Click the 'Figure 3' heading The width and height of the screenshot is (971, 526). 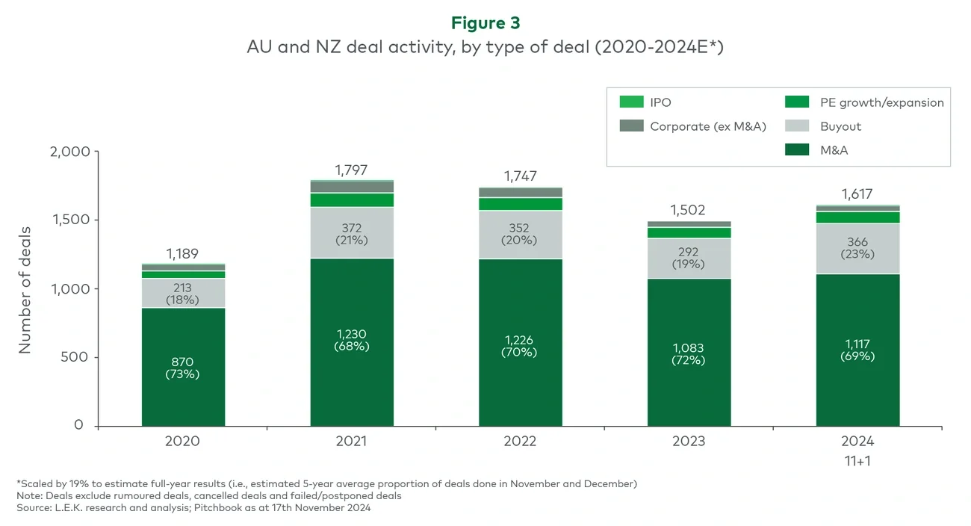[x=485, y=23]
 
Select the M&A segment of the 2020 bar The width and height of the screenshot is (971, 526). [x=183, y=396]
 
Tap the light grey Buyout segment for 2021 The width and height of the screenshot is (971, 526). [x=352, y=232]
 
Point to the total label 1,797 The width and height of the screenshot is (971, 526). [x=351, y=170]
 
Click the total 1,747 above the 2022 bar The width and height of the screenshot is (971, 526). [x=520, y=177]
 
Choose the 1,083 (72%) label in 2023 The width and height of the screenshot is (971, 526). [x=689, y=354]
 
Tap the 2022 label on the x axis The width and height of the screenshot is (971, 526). [x=520, y=441]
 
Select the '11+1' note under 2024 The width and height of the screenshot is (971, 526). [x=857, y=461]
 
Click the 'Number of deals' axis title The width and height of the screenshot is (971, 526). [x=25, y=289]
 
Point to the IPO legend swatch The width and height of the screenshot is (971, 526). [x=632, y=102]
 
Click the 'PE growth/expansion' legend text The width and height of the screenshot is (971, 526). [x=881, y=102]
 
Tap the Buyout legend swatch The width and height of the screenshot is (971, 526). [x=798, y=126]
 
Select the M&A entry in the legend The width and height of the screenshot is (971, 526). [x=834, y=150]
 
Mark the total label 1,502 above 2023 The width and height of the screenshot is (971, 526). [x=688, y=210]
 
